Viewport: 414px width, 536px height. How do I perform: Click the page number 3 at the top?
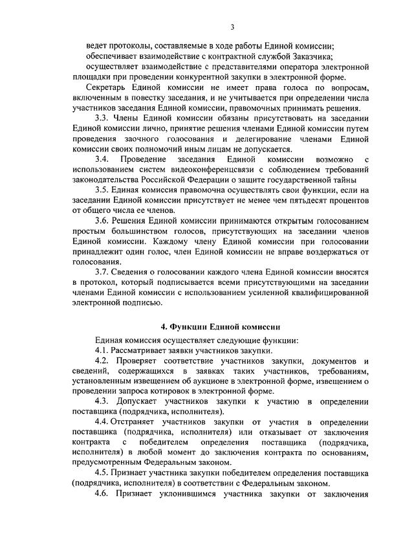[233, 27]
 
